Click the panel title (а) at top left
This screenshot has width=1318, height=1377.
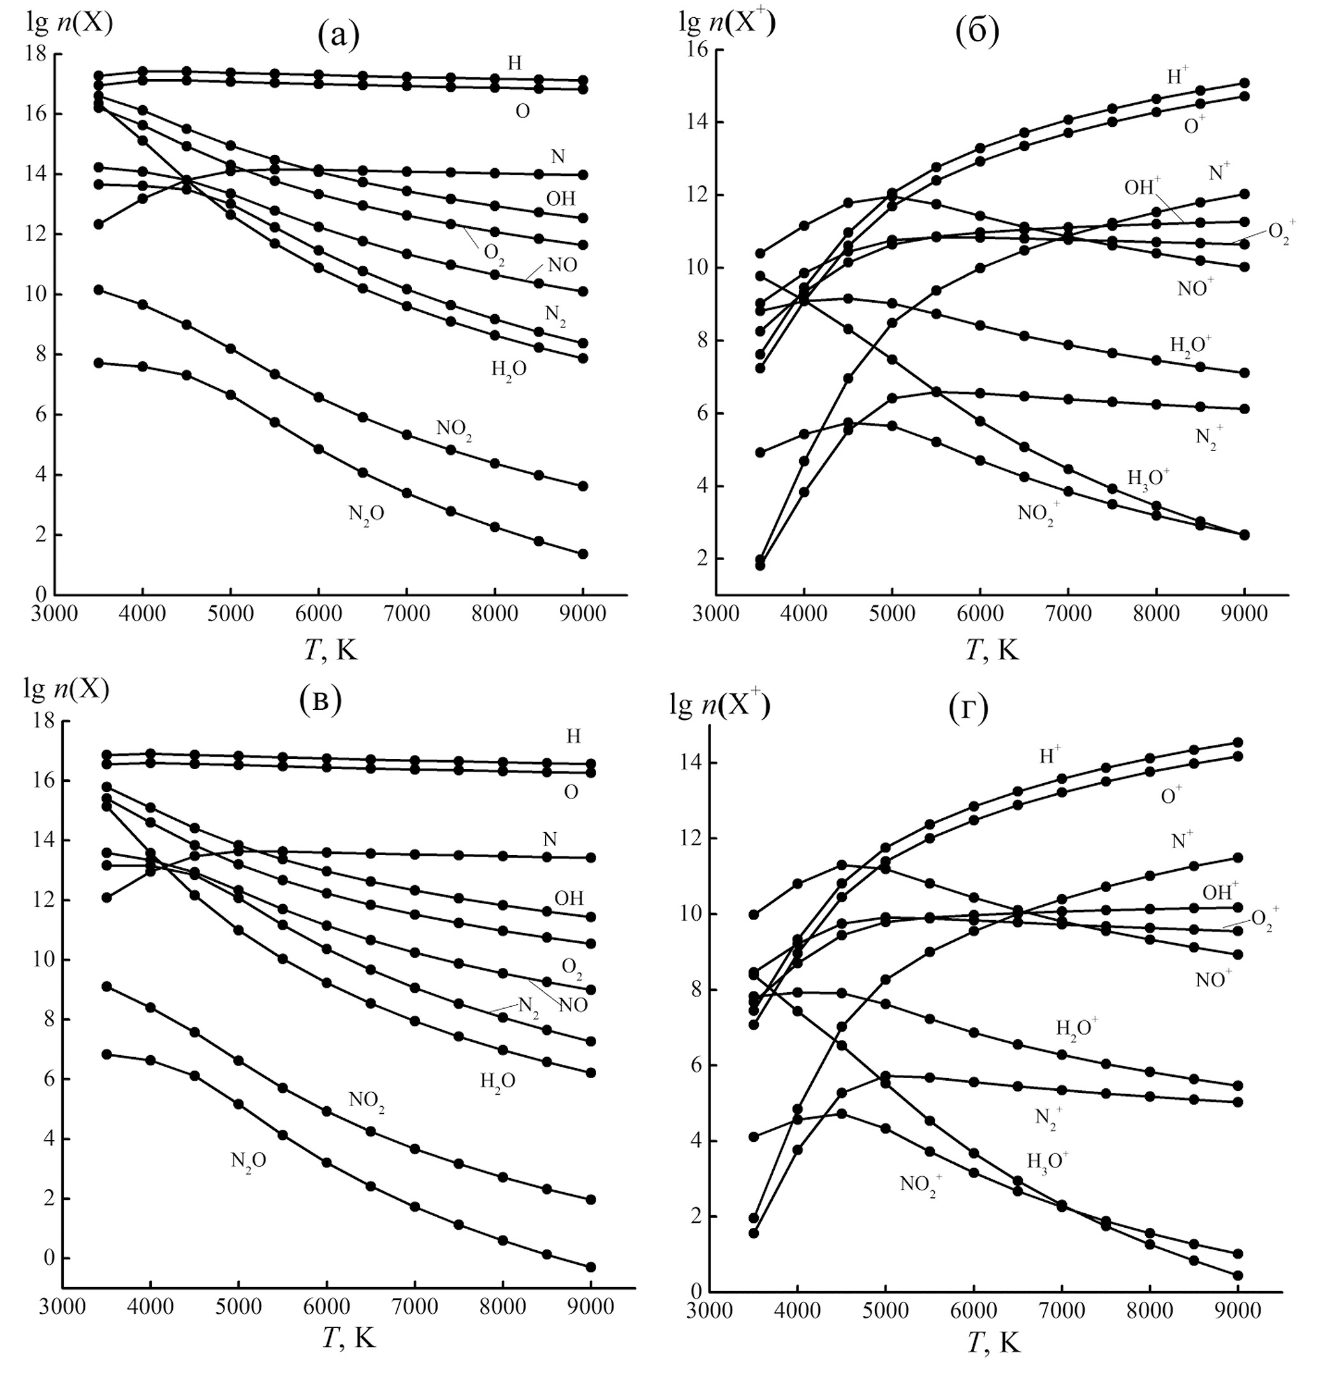[339, 34]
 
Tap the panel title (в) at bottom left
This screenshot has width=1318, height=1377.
[320, 701]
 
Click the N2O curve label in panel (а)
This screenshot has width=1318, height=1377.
[367, 515]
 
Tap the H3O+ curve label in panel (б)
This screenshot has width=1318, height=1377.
[1148, 478]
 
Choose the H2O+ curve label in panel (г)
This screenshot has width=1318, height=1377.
[1077, 1027]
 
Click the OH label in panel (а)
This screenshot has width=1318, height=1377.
[560, 199]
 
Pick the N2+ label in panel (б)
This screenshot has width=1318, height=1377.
[1209, 439]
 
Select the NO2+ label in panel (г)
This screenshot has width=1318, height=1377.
[921, 1185]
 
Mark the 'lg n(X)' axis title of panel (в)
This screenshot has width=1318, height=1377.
[67, 690]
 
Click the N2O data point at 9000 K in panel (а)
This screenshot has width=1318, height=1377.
[582, 554]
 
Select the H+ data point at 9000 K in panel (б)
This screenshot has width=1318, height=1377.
[1244, 83]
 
